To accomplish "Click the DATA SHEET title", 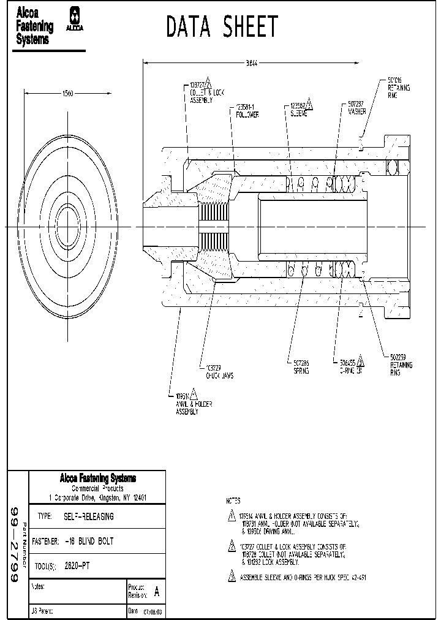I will point(222,27).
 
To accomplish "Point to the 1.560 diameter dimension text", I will point(68,93).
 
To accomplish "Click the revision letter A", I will point(157,592).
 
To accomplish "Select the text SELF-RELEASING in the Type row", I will point(89,516).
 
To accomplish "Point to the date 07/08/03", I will point(153,611).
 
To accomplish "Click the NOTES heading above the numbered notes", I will point(233,501).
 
